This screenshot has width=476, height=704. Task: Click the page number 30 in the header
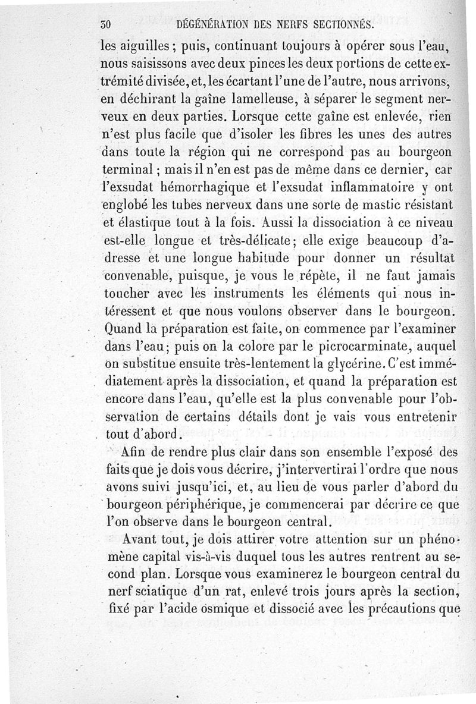[107, 24]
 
